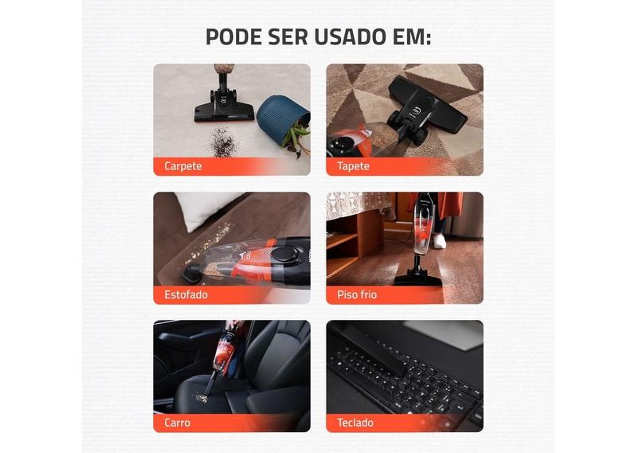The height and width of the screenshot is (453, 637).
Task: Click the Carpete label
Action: (183, 166)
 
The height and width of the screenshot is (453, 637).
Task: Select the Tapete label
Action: (353, 166)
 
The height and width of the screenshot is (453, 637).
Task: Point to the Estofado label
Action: (186, 295)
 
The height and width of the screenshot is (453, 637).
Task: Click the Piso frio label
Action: (357, 295)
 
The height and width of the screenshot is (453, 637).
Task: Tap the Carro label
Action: (177, 423)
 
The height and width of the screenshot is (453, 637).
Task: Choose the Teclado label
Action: (355, 423)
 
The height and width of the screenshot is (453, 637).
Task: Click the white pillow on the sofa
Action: (205, 209)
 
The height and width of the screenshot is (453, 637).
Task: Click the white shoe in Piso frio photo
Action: (439, 241)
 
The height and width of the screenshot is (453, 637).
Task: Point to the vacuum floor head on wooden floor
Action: (417, 278)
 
